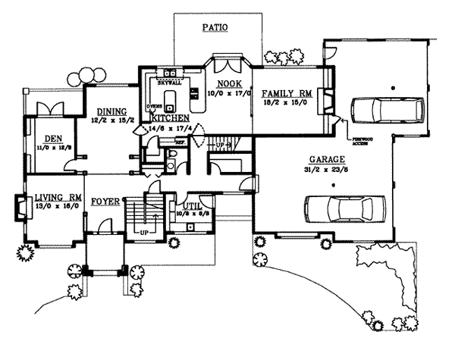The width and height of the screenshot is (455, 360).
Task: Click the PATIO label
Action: click(215, 27)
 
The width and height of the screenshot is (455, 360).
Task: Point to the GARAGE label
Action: click(328, 159)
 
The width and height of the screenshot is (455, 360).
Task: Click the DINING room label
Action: click(111, 109)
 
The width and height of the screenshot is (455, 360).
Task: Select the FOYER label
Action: click(105, 202)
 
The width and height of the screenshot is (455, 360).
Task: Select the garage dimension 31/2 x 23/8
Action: click(328, 168)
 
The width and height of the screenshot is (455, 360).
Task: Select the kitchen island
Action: click(171, 99)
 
